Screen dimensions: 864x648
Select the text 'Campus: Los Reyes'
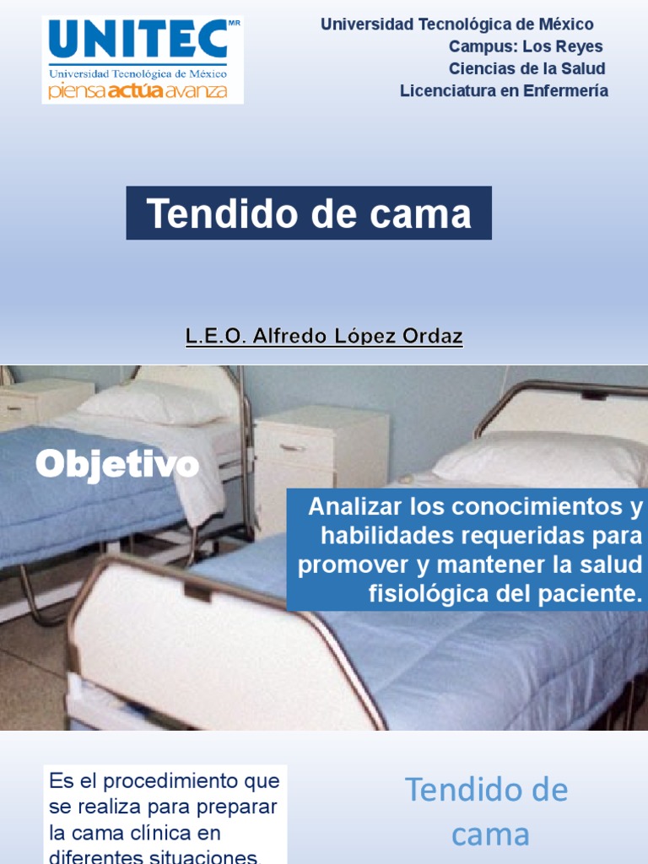pyautogui.click(x=526, y=46)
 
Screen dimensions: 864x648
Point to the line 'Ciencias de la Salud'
pyautogui.click(x=526, y=68)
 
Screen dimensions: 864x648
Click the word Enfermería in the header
pyautogui.click(x=565, y=91)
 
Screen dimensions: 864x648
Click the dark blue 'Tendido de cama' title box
pyautogui.click(x=309, y=213)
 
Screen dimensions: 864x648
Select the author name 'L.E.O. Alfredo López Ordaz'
pyautogui.click(x=324, y=337)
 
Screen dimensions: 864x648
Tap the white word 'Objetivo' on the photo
pyautogui.click(x=116, y=465)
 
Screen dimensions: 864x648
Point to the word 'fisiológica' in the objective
pyautogui.click(x=414, y=593)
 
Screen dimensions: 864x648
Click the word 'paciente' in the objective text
pyautogui.click(x=596, y=593)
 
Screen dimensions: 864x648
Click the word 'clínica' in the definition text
pyautogui.click(x=177, y=834)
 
